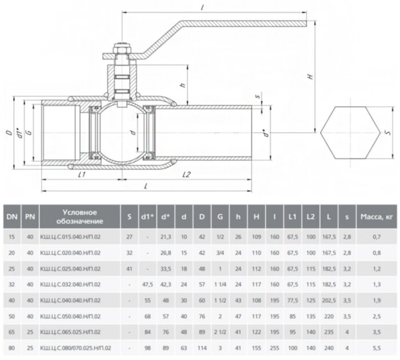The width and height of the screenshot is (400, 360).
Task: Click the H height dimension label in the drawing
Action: (309, 76)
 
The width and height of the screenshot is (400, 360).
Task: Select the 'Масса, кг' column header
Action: (374, 217)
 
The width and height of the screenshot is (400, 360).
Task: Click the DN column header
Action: (11, 217)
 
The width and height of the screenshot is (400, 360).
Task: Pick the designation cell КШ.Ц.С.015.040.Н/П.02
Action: (70, 235)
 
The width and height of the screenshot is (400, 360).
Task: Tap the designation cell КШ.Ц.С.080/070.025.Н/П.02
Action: (76, 347)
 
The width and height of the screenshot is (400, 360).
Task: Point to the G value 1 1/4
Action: (219, 283)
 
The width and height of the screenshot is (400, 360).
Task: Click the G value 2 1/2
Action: (219, 331)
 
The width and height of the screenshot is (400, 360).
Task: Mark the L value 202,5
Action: (329, 299)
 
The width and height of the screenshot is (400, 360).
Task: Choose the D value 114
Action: (201, 347)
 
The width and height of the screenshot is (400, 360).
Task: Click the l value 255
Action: (274, 347)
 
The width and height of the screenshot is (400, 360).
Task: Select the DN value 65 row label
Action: (11, 331)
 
